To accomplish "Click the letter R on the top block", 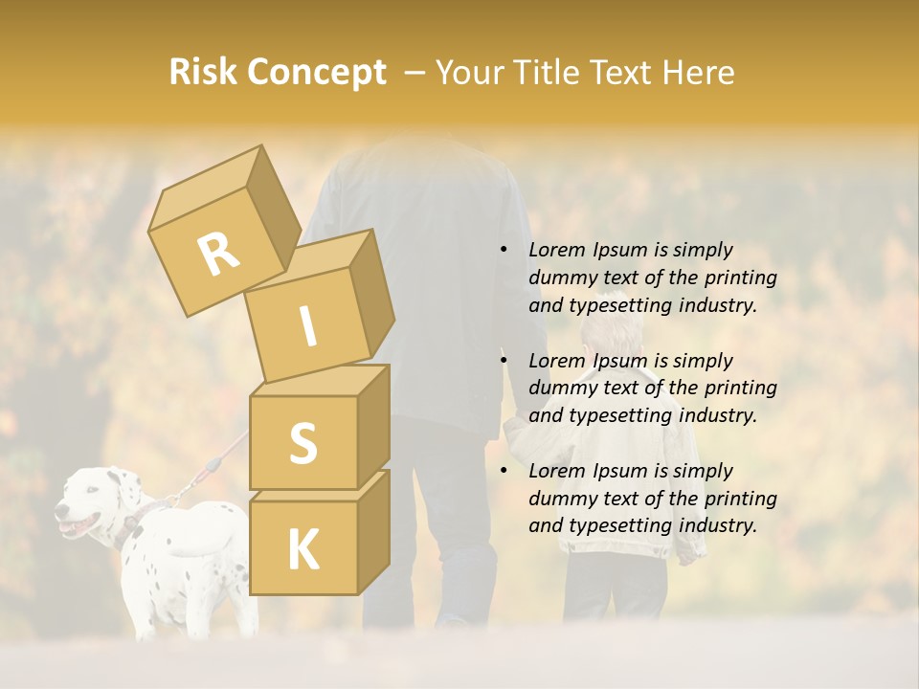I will coord(217,255).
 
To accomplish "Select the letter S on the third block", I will coord(303,442).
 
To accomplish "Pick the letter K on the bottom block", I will coord(303,549).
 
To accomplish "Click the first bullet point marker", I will coord(504,251).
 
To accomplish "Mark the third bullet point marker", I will coord(504,472).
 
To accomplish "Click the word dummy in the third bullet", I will coord(563,499).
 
